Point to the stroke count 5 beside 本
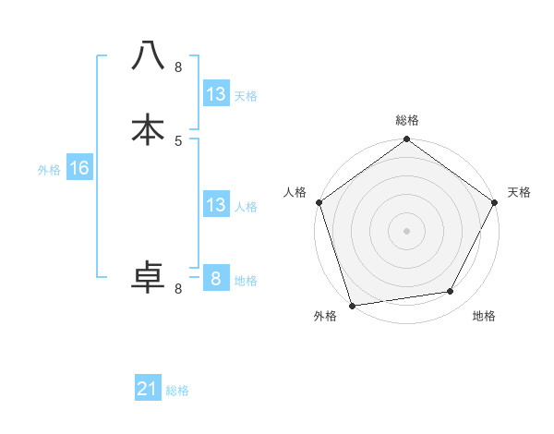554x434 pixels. coord(178,140)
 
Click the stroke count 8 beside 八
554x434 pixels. coord(178,66)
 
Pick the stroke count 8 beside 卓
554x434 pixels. coord(178,288)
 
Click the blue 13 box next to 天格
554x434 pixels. coord(215,94)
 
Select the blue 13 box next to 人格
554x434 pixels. coord(215,205)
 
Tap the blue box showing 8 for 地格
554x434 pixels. coord(215,279)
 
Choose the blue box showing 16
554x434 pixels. coord(78,168)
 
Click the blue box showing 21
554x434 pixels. coord(148,389)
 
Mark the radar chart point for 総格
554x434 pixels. coord(406,139)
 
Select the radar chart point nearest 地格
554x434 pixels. coord(451,292)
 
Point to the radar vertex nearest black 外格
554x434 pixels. coord(352,304)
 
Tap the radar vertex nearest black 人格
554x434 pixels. coord(319,202)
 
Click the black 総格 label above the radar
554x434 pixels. coord(406,120)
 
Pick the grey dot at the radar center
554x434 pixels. coord(406,230)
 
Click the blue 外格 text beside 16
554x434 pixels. coord(49,170)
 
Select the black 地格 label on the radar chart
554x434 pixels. coord(484,316)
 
